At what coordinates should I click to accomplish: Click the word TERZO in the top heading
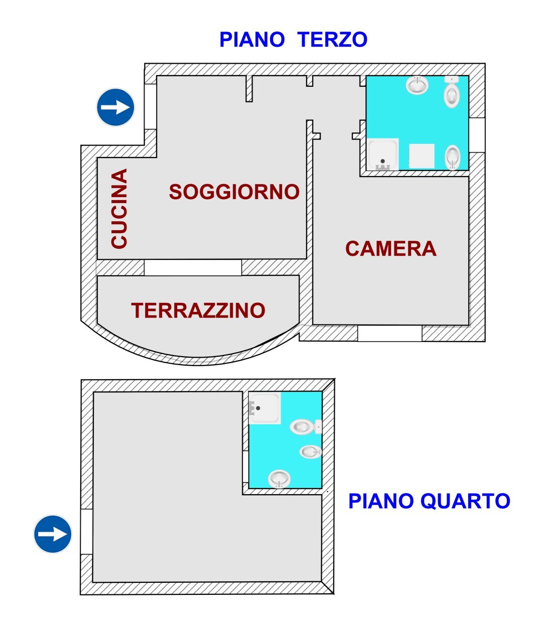click(332, 40)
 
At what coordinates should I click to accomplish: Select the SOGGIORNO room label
click(234, 192)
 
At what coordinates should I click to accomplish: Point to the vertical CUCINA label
click(119, 208)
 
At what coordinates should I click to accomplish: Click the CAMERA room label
click(390, 249)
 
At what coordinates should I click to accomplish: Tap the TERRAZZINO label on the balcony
click(198, 310)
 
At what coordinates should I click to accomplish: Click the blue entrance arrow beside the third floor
click(115, 107)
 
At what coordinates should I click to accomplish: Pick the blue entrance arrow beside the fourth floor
click(53, 534)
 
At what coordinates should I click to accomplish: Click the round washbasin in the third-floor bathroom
click(417, 85)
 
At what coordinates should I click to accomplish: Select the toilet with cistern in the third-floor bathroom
click(452, 93)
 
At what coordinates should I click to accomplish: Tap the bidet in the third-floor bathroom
click(453, 157)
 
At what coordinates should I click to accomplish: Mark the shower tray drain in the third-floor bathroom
click(382, 162)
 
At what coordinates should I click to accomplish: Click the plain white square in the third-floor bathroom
click(422, 156)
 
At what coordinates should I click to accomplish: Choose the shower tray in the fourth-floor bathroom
click(265, 408)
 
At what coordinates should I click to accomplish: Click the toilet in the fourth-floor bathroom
click(304, 427)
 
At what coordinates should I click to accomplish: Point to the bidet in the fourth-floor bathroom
click(311, 452)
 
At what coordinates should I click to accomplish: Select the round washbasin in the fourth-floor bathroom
click(279, 478)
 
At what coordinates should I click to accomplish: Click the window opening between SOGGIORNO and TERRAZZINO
click(193, 267)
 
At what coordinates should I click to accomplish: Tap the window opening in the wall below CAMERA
click(390, 333)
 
